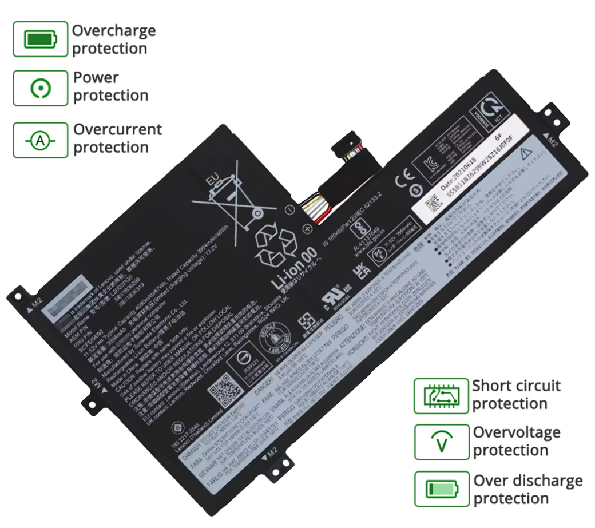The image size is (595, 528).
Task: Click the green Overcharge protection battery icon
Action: pos(40,39)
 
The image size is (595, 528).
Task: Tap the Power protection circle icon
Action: pos(40,88)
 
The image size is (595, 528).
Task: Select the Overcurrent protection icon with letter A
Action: pos(40,140)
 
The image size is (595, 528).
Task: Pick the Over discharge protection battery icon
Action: pos(441,489)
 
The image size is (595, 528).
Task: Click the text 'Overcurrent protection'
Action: pos(117,138)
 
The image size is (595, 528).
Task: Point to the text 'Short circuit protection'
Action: pos(516,395)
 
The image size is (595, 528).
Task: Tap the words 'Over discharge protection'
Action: pos(527,489)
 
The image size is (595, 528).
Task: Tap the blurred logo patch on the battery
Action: pos(70,299)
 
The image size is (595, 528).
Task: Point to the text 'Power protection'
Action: pos(110,86)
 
